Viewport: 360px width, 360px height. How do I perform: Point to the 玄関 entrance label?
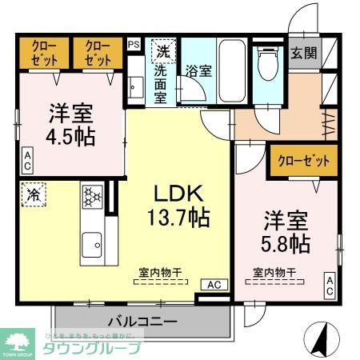click(x=303, y=54)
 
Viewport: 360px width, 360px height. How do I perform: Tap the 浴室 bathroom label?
click(x=198, y=70)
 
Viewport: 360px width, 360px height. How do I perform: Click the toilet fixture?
click(x=268, y=63)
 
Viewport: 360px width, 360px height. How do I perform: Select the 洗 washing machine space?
click(x=162, y=50)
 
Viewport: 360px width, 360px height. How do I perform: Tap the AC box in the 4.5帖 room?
click(x=27, y=160)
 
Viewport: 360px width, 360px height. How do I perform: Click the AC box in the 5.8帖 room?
click(x=329, y=286)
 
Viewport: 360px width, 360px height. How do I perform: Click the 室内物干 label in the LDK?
click(x=156, y=273)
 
